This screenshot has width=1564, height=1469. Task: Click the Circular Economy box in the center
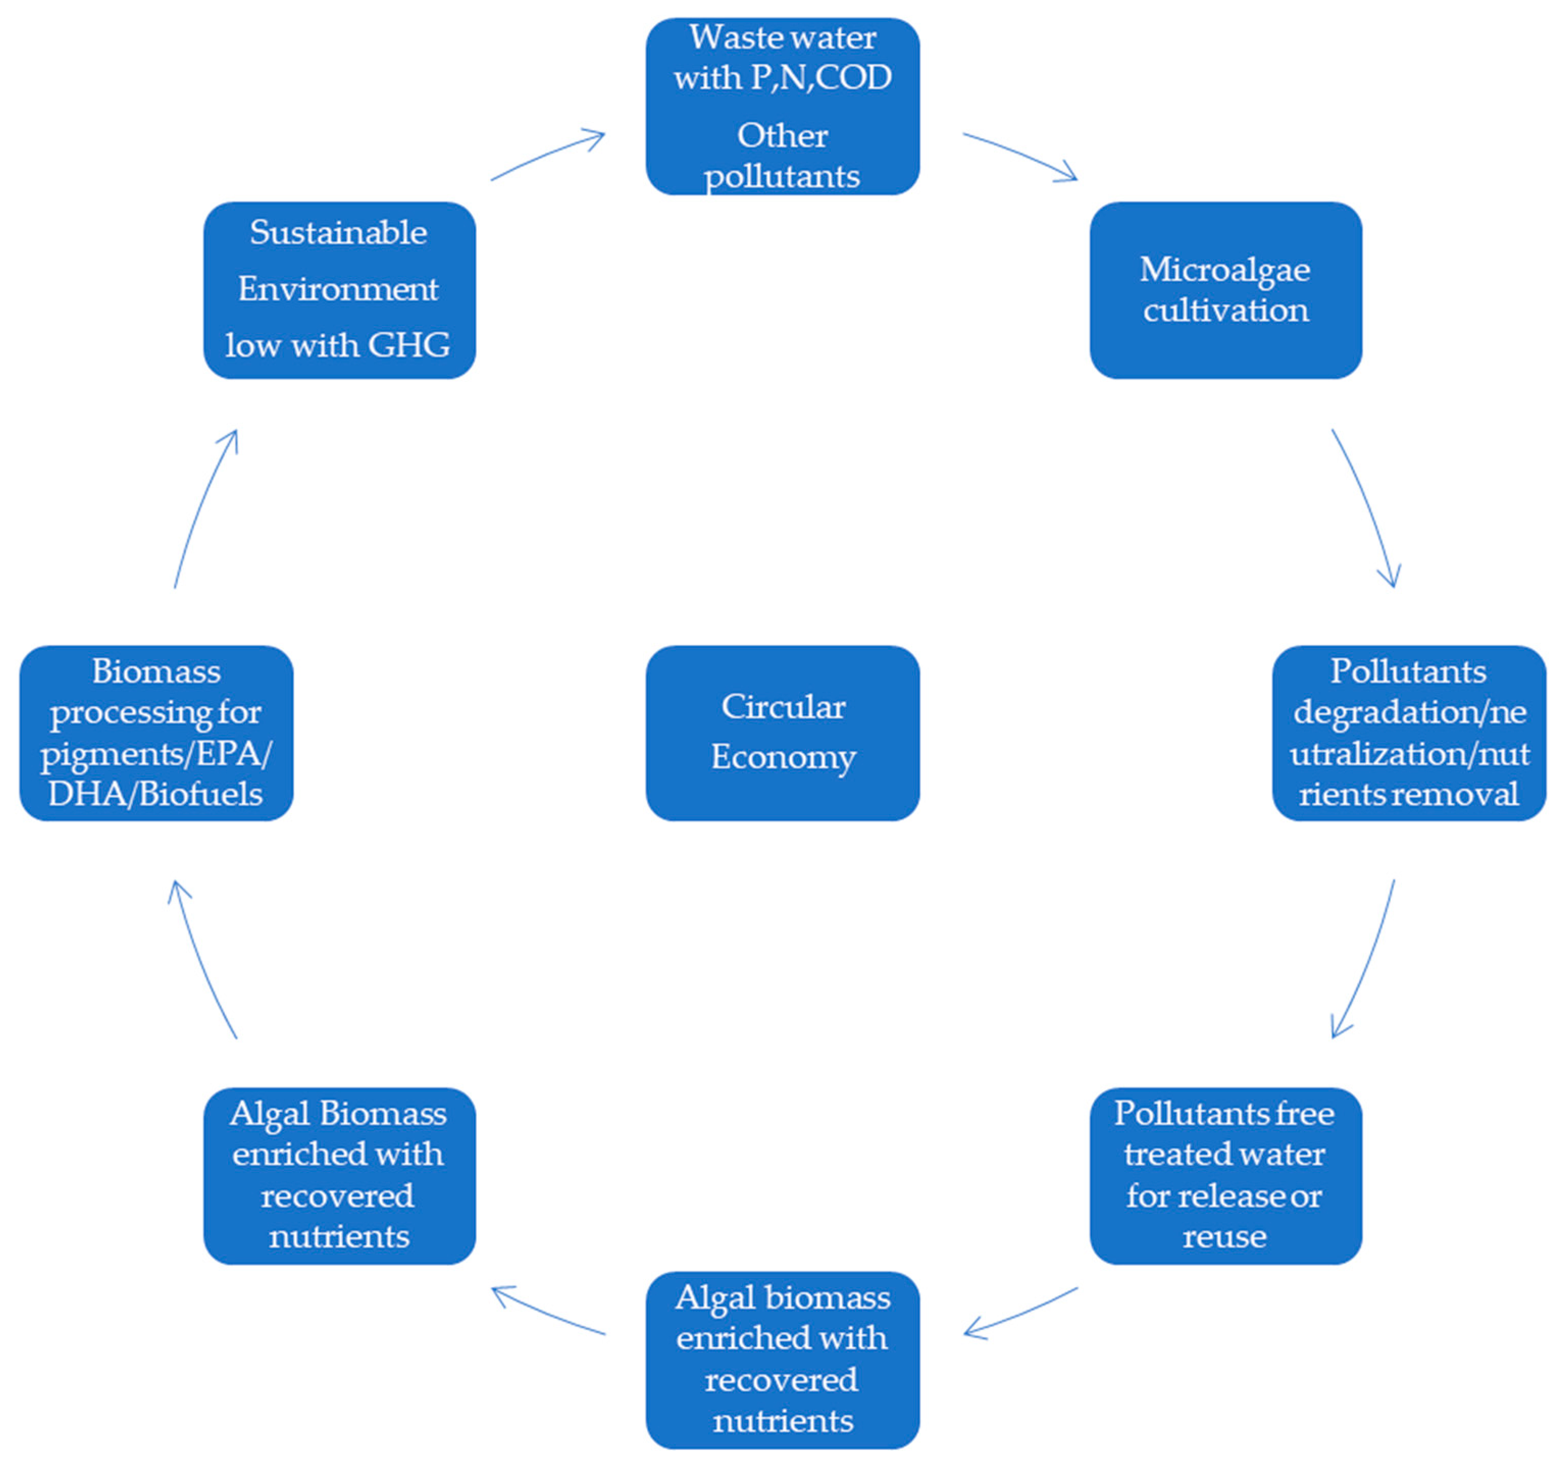coord(782,733)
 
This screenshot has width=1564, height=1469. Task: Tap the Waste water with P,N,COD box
coord(782,106)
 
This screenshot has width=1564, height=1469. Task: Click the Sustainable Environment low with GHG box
coord(339,290)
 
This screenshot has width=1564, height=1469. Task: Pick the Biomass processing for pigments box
coord(156,733)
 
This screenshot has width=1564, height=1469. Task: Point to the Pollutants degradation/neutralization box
coord(1408,733)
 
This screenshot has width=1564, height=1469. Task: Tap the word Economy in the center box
coord(783,757)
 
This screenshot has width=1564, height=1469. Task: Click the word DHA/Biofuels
coord(156,794)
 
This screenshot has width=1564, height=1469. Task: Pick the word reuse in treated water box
coord(1224,1236)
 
